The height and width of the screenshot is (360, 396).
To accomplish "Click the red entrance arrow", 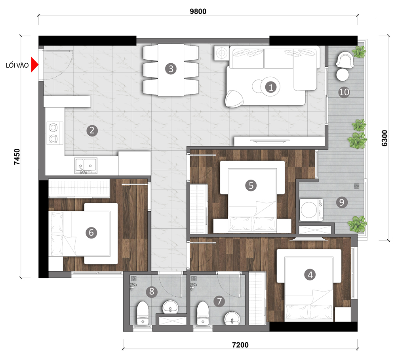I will click(35, 65).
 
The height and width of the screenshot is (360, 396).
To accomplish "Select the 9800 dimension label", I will click(198, 11).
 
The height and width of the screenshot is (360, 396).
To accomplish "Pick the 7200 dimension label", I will click(240, 345).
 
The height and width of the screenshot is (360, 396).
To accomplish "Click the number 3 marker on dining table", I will click(171, 68).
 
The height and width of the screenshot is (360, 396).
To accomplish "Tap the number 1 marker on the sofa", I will click(271, 87).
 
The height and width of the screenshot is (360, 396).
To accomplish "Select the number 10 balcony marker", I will click(344, 93).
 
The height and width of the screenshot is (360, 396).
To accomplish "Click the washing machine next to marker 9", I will click(312, 210).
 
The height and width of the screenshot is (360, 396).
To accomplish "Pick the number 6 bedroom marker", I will click(91, 233).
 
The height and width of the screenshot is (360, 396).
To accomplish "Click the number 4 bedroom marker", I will click(310, 274).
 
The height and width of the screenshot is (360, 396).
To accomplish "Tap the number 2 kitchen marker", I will click(92, 131).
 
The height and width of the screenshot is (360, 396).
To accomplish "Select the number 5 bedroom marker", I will click(251, 185).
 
